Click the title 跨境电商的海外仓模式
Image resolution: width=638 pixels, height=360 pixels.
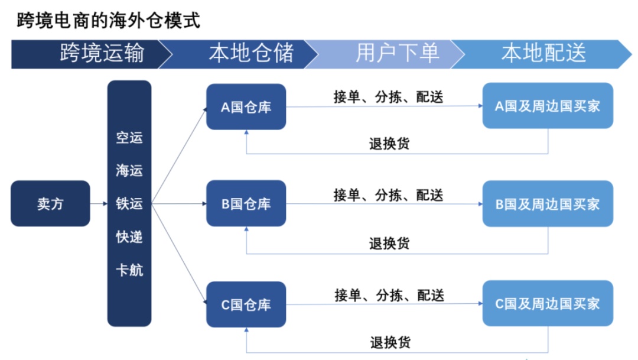108,20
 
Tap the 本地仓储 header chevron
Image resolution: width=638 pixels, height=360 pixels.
240,54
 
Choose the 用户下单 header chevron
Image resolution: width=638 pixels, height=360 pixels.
386,54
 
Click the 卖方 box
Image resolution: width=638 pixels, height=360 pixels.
50,203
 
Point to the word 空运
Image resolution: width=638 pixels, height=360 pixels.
129,138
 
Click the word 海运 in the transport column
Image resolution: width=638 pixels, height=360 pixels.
129,170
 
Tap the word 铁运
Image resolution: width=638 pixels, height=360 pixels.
129,203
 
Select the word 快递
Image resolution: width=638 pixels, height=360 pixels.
129,236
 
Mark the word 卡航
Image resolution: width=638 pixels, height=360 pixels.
129,270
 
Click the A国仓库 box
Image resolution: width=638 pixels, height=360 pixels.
246,106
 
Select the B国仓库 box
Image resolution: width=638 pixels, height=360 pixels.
246,203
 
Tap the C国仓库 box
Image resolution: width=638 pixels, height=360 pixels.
246,304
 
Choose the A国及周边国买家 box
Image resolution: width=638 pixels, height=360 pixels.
548,106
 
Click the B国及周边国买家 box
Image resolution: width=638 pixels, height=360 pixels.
548,203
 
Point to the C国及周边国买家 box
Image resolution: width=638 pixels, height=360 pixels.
548,303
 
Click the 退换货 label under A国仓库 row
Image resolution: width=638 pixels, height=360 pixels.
389,143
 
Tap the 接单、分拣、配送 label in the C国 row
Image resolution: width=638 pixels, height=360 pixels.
389,295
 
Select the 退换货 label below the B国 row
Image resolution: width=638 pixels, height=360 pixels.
389,244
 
